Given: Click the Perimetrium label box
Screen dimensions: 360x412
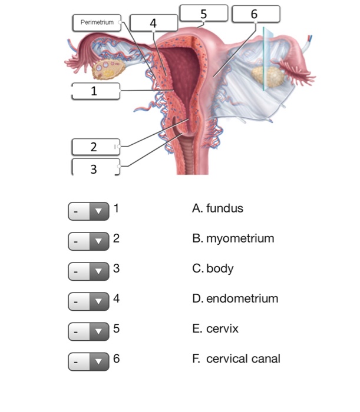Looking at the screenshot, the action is click(x=97, y=22).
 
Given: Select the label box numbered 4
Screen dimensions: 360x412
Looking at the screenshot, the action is click(x=153, y=23).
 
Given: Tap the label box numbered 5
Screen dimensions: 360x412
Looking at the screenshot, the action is click(x=203, y=13).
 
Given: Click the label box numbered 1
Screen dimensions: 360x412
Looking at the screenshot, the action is click(x=95, y=91).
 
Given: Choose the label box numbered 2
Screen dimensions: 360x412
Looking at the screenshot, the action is click(x=95, y=147).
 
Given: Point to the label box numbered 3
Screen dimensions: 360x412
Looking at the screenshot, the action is click(x=95, y=168).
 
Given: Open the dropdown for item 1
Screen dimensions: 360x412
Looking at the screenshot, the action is click(x=89, y=210).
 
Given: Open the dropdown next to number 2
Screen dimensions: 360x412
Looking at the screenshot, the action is click(x=89, y=240).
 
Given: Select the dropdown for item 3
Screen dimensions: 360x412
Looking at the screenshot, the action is click(x=89, y=270).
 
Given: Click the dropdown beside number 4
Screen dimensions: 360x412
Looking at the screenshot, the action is click(x=89, y=300).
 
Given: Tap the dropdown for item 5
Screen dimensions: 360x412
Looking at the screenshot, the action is click(x=89, y=330).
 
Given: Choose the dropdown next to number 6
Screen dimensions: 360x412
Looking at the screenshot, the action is click(x=89, y=360).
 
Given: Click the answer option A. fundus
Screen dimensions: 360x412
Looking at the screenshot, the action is click(x=217, y=208).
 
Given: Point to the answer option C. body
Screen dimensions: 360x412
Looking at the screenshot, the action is click(x=213, y=268).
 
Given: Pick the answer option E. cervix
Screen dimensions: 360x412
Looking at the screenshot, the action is click(x=215, y=328).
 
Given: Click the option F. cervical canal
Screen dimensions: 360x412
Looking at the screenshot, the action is click(x=236, y=358).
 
